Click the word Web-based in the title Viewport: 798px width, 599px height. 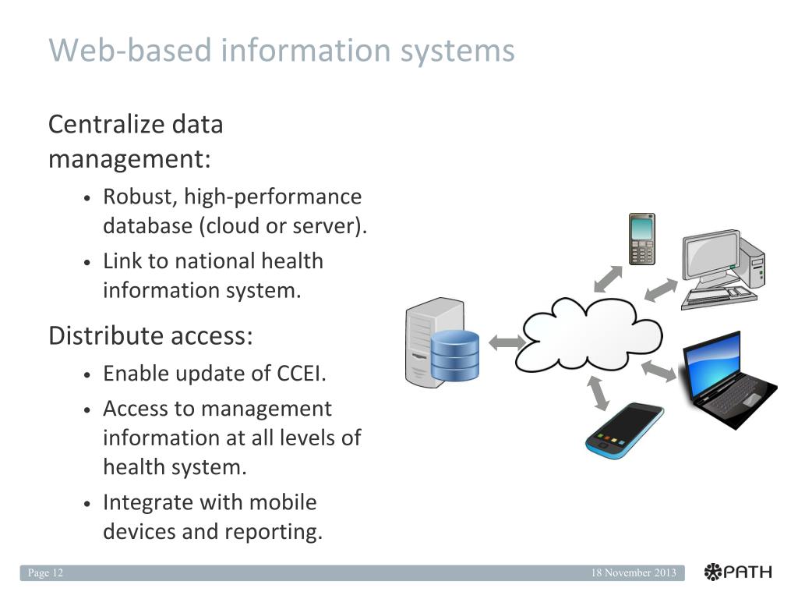pyautogui.click(x=130, y=51)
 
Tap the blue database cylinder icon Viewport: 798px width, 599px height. pyautogui.click(x=454, y=356)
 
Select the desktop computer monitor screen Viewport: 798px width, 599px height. pyautogui.click(x=711, y=254)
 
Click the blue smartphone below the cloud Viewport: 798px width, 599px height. pyautogui.click(x=623, y=431)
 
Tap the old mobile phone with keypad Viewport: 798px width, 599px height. pyautogui.click(x=642, y=239)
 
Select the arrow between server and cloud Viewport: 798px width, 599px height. pyautogui.click(x=507, y=341)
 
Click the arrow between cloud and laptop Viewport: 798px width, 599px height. pyautogui.click(x=659, y=371)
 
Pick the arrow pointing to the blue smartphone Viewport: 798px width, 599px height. pyautogui.click(x=598, y=392)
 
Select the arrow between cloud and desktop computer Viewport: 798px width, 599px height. pyautogui.click(x=661, y=291)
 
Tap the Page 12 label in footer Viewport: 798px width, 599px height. pyautogui.click(x=45, y=573)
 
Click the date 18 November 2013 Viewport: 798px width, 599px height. pyautogui.click(x=633, y=573)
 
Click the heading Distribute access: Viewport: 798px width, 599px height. pyautogui.click(x=150, y=336)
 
